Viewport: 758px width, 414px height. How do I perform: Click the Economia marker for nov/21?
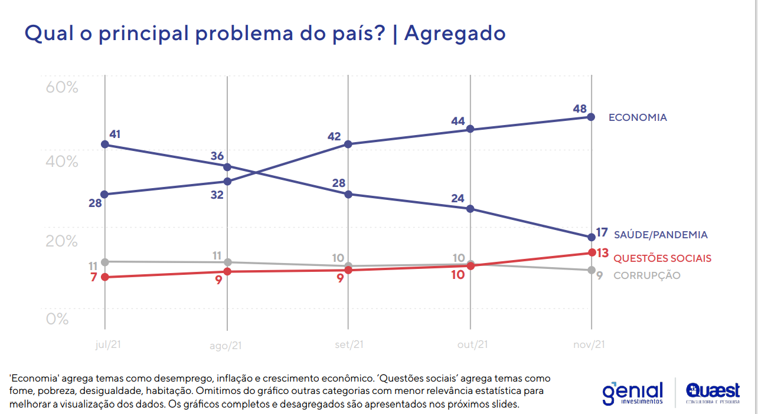[591, 117]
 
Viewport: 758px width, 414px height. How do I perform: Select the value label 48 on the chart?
[579, 109]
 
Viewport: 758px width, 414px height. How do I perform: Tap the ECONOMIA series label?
[637, 117]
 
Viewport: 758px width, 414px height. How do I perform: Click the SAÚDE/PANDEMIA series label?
[660, 235]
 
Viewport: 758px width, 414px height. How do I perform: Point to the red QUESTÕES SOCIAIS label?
[662, 258]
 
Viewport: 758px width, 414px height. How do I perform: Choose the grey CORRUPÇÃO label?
[647, 275]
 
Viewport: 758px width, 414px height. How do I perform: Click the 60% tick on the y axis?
[62, 87]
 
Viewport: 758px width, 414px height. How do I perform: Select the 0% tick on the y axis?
[57, 318]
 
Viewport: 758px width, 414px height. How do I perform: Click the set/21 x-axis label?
[348, 345]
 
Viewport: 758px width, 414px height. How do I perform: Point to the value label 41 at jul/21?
[115, 134]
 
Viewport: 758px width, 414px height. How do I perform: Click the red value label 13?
[602, 253]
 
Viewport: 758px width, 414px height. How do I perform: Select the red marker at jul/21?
[104, 277]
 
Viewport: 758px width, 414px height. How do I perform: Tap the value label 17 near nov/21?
[602, 232]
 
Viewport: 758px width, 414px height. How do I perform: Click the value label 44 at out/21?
[458, 121]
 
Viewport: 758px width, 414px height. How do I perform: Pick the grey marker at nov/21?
[591, 270]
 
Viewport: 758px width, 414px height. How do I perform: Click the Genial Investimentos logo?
[632, 392]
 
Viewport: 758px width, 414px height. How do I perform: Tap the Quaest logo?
[713, 393]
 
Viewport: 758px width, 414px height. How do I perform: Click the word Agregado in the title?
[455, 33]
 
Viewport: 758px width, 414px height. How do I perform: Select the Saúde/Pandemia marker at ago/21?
[227, 167]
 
